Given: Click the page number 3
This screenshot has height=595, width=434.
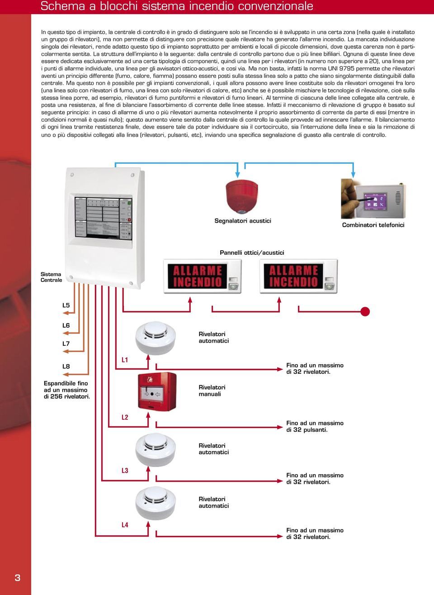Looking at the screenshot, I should point(18,577).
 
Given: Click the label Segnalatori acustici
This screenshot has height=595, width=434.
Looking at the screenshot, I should point(243,221).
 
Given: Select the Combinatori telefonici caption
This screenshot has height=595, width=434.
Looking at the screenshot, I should point(373,225).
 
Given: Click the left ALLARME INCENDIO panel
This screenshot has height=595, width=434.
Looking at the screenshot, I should point(202,276).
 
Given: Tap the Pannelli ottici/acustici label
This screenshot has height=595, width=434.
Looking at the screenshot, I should point(252,252).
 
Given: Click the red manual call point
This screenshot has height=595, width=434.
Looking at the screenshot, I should point(156,392).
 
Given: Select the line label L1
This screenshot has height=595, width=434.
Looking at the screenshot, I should point(125,360).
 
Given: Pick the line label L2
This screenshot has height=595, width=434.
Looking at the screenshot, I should point(125,417).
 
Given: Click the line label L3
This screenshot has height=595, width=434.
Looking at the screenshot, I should point(125,471).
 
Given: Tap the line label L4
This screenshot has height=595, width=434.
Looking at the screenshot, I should point(125,525).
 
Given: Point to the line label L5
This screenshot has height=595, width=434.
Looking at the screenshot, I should point(66,305).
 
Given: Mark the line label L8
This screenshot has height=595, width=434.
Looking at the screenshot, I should point(66,367).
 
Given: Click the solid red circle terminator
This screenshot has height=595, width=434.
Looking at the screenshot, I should point(365,311).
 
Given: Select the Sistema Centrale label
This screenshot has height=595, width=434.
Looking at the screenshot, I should point(51,277).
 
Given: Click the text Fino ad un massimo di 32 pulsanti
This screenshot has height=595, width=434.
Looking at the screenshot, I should point(315,426).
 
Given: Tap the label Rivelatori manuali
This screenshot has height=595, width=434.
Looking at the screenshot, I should point(212,390).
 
